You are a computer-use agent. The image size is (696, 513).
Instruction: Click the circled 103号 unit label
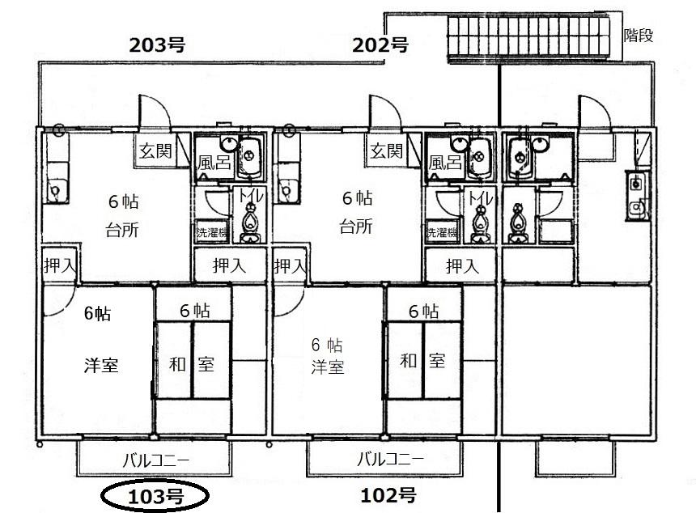point(155,496)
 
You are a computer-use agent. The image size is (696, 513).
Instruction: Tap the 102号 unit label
point(388,495)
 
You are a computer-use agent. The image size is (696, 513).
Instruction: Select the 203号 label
point(157,45)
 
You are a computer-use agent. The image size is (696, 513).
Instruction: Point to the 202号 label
point(380,45)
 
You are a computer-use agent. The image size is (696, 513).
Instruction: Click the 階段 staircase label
point(639,35)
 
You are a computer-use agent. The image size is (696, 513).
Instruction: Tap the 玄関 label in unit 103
point(155,151)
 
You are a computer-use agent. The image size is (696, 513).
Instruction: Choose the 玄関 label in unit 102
point(387,151)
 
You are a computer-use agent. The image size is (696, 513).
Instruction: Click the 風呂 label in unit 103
point(214,163)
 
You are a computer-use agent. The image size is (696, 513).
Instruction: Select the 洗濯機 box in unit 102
point(442,231)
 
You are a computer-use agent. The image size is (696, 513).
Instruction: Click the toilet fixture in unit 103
point(250,223)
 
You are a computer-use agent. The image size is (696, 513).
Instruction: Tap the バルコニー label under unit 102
point(391,459)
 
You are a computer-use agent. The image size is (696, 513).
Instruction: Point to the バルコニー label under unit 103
point(156,460)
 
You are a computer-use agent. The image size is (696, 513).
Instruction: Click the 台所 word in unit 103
point(122,230)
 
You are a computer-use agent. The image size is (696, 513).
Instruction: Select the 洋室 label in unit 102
point(328,367)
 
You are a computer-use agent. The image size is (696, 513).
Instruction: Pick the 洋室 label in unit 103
point(101,365)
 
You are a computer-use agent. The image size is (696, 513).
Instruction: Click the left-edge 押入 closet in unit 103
point(60,265)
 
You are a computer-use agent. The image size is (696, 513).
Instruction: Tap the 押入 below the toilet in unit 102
point(463,266)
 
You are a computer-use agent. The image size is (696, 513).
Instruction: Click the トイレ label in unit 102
point(480,197)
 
